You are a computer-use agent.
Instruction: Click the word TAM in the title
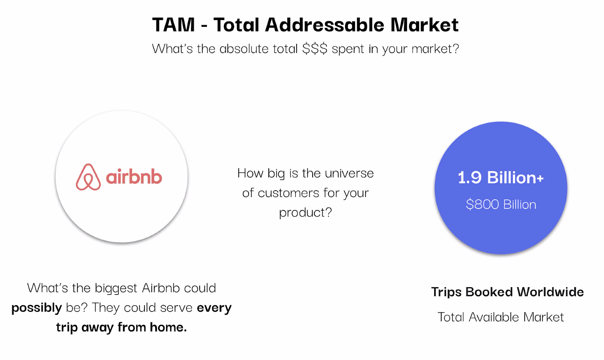[173, 25]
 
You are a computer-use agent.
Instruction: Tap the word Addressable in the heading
[324, 25]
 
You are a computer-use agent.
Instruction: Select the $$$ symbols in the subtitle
[315, 49]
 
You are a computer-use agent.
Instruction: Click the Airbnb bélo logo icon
[88, 177]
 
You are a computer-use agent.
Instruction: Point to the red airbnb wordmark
[134, 177]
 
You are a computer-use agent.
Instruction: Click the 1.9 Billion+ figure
[501, 178]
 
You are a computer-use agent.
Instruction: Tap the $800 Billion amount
[501, 204]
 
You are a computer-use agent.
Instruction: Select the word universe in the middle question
[349, 173]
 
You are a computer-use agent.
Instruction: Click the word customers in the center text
[288, 193]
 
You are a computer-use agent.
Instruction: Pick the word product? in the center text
[305, 212]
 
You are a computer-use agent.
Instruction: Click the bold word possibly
[37, 308]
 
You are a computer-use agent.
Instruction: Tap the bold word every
[214, 308]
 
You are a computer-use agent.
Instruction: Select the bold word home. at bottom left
[168, 327]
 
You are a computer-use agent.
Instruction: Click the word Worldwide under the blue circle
[550, 292]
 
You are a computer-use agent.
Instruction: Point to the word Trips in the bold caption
[447, 292]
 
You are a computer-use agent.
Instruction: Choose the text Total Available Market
[501, 317]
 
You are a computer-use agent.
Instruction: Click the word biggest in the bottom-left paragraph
[116, 288]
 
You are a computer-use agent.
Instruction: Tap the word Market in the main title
[424, 25]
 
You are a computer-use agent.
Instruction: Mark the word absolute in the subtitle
[244, 49]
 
